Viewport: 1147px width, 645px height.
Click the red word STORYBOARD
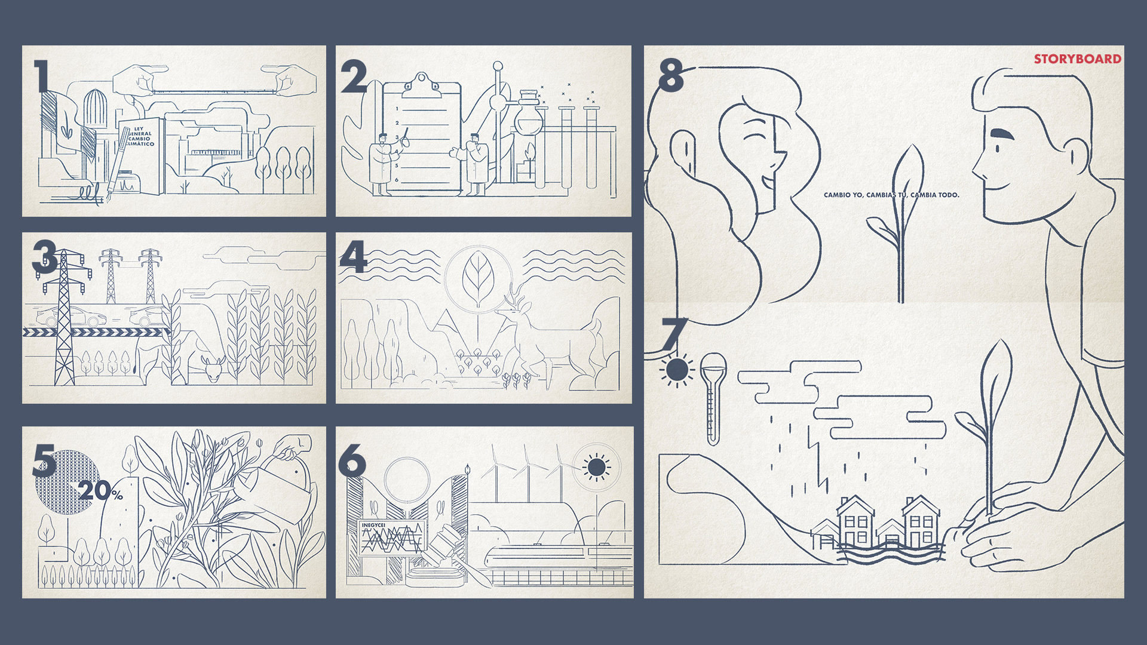[x=1078, y=59]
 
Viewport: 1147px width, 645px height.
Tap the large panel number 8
[x=670, y=76]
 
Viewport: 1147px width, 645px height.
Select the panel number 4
[x=353, y=257]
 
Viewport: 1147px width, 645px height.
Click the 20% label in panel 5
[x=100, y=491]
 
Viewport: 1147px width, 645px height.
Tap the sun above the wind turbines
[x=596, y=467]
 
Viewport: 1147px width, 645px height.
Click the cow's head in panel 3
[x=213, y=368]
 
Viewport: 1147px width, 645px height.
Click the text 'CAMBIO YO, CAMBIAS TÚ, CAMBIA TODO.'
[x=891, y=195]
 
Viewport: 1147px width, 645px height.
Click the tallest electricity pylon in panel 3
[x=63, y=317]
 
